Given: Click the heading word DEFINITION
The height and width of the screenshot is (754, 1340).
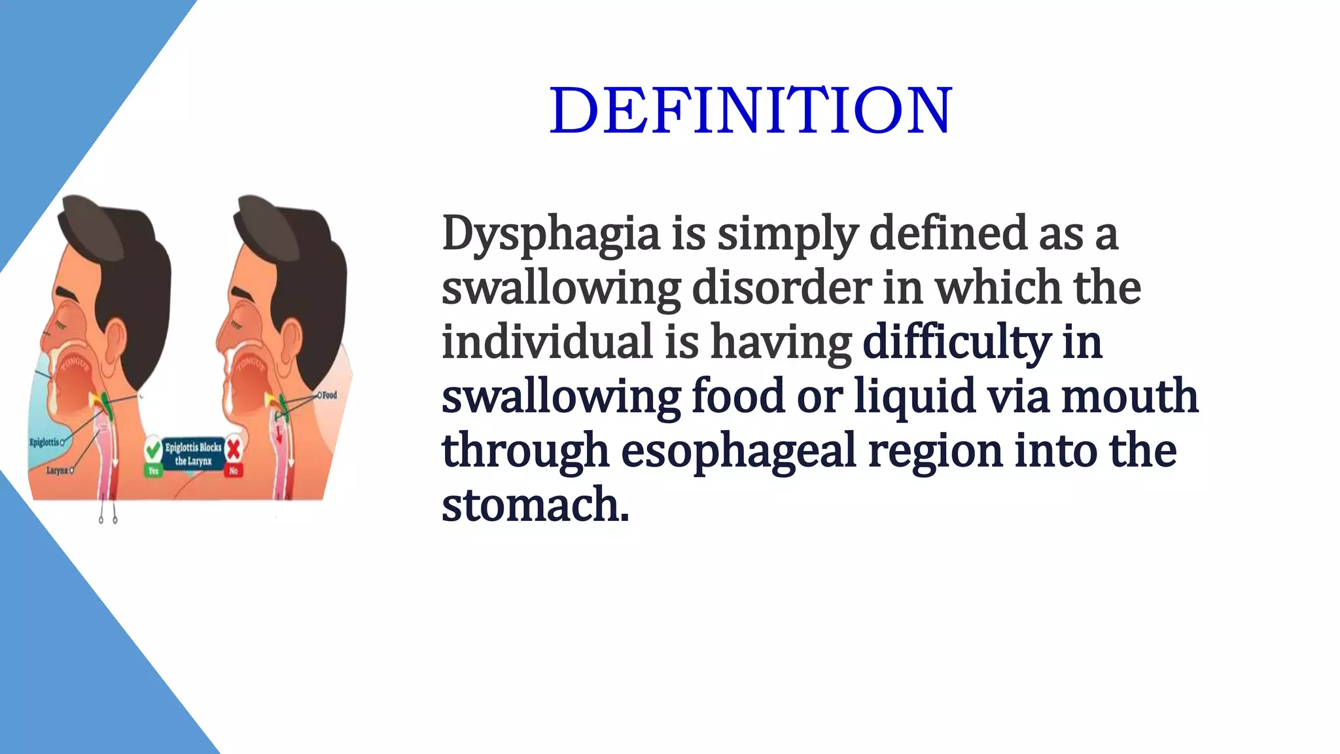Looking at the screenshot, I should click(750, 111).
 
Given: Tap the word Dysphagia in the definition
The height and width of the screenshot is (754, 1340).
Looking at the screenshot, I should click(551, 234).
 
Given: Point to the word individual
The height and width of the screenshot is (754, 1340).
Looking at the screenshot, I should click(548, 342).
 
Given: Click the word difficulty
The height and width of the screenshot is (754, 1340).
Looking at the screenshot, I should click(956, 342).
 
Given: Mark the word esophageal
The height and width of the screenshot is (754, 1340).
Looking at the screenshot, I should click(738, 451).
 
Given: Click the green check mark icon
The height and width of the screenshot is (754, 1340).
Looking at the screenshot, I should click(153, 450).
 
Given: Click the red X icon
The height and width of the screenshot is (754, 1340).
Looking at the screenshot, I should click(234, 449).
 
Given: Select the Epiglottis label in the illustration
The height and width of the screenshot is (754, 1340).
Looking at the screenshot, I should click(44, 442).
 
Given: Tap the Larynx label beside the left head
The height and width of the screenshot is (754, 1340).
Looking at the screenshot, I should click(57, 470).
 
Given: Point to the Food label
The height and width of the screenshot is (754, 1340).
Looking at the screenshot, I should click(329, 395).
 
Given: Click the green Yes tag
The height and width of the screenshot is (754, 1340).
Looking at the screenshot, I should click(153, 471).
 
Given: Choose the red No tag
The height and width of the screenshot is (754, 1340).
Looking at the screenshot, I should click(234, 471).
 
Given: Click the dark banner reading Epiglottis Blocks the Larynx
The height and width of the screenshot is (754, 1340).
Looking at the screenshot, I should click(193, 454).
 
